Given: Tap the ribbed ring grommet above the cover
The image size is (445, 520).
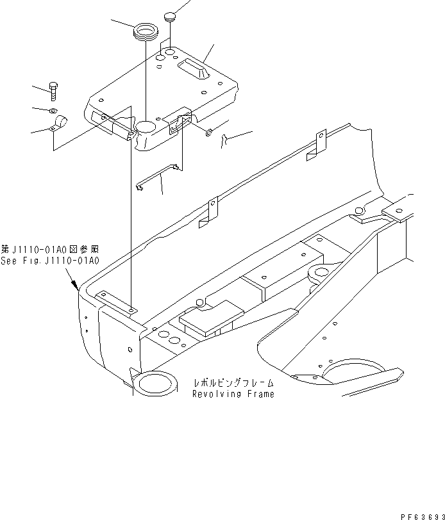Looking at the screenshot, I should click(x=145, y=32).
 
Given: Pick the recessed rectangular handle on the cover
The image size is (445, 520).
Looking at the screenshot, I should click(x=194, y=68).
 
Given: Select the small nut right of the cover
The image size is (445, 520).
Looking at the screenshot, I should click(x=210, y=133).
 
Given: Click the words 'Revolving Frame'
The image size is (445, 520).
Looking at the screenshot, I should click(x=233, y=394).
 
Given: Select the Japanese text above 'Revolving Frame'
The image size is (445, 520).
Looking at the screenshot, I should click(x=233, y=384).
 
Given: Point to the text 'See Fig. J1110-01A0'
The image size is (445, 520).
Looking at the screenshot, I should click(x=50, y=261).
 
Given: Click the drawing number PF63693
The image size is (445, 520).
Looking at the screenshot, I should click(x=421, y=514).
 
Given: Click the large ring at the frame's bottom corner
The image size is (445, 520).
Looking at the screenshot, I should click(x=154, y=384).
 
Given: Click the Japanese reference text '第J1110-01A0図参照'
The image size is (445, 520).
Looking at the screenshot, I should click(x=50, y=250).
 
